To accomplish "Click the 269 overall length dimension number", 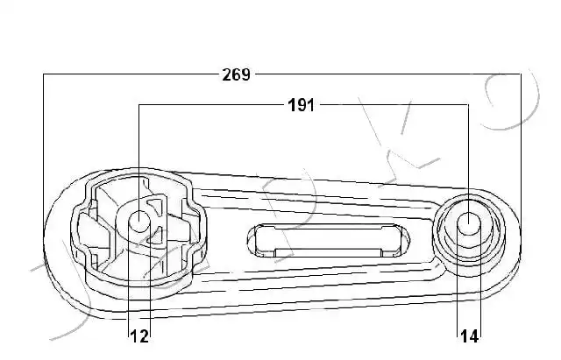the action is (236, 74).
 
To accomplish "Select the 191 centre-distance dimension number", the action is (302, 105).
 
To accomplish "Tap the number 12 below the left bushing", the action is (139, 336).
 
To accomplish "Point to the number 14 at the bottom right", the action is (469, 336).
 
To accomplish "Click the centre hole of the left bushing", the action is (138, 221).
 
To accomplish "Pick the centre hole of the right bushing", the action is (469, 223).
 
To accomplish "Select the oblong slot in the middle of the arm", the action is (329, 241).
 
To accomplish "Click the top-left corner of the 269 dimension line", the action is (43, 74).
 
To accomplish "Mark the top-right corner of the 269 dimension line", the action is (521, 74).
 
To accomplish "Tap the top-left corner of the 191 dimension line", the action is (138, 105).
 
